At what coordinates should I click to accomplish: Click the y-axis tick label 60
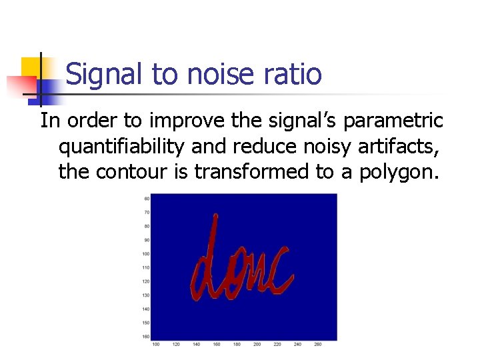click(147, 198)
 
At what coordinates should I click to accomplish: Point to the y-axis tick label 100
click(146, 254)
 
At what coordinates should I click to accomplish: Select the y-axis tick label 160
click(146, 337)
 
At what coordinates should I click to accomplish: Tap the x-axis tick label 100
click(155, 344)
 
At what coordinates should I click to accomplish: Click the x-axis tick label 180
click(237, 344)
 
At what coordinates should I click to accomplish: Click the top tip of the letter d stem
click(215, 215)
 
